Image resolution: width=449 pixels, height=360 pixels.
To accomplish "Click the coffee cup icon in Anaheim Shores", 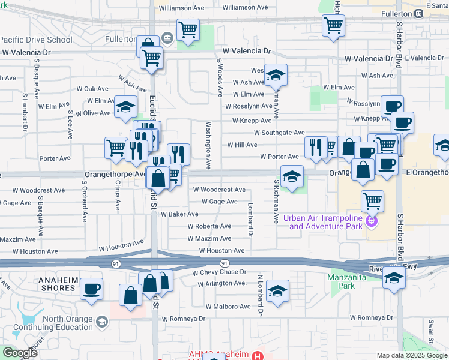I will pyautogui.click(x=91, y=289).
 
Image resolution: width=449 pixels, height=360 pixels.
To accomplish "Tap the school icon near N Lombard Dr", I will pyautogui.click(x=277, y=291).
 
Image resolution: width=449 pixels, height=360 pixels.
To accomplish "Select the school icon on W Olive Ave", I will pyautogui.click(x=125, y=107).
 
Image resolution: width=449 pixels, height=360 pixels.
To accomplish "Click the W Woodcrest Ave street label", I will pyautogui.click(x=220, y=190).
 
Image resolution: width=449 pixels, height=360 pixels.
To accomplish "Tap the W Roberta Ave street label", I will pyautogui.click(x=209, y=226).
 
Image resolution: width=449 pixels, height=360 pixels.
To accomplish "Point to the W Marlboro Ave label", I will pyautogui.click(x=228, y=306).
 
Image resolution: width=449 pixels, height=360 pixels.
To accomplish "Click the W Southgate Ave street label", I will pyautogui.click(x=279, y=133).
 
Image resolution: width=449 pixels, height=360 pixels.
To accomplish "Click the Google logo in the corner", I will pyautogui.click(x=20, y=353).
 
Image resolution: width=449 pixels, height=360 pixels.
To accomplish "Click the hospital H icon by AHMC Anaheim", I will pyautogui.click(x=258, y=355).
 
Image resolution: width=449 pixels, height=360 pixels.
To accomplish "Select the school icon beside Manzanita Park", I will pyautogui.click(x=393, y=278).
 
